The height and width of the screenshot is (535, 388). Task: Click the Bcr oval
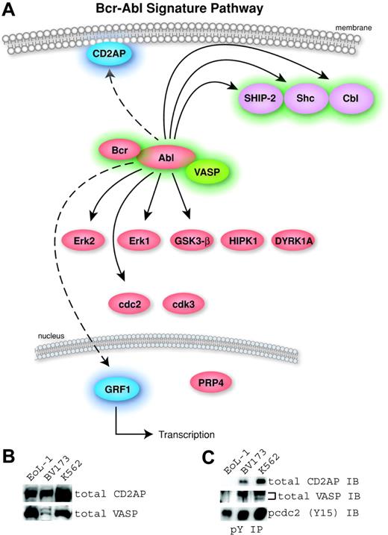pyautogui.click(x=120, y=150)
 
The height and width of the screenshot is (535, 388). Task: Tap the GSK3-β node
pyautogui.click(x=193, y=241)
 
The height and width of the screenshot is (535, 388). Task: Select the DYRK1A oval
pyautogui.click(x=298, y=241)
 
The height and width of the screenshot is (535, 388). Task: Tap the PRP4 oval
pyautogui.click(x=215, y=382)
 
